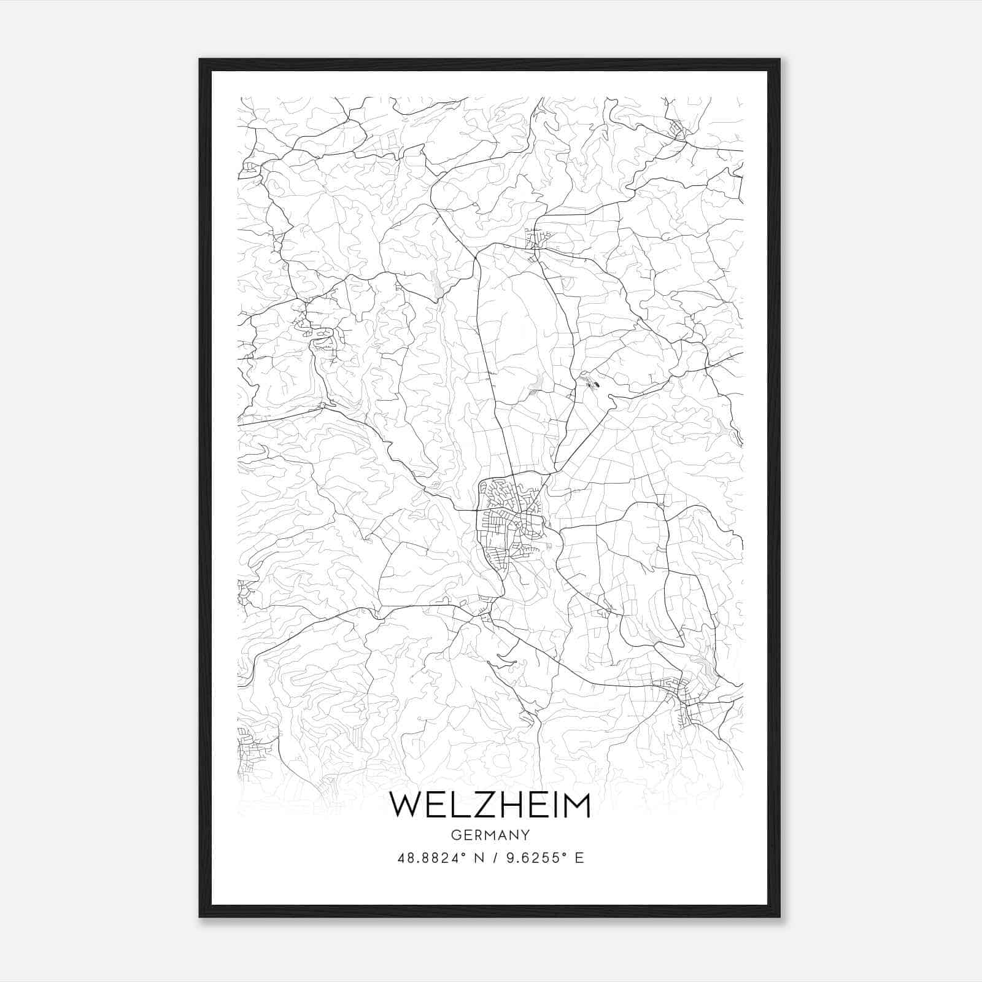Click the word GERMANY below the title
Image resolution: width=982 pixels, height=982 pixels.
[490, 835]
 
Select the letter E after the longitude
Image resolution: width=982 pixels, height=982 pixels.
[579, 857]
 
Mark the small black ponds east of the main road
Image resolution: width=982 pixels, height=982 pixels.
[590, 384]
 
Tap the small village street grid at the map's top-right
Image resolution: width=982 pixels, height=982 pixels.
[676, 130]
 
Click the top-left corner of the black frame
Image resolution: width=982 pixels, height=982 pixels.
[200, 60]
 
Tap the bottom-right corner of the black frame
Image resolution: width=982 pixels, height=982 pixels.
[779, 916]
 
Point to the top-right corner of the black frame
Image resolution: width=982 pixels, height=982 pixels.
[779, 60]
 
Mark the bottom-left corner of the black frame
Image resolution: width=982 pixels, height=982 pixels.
[200, 916]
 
